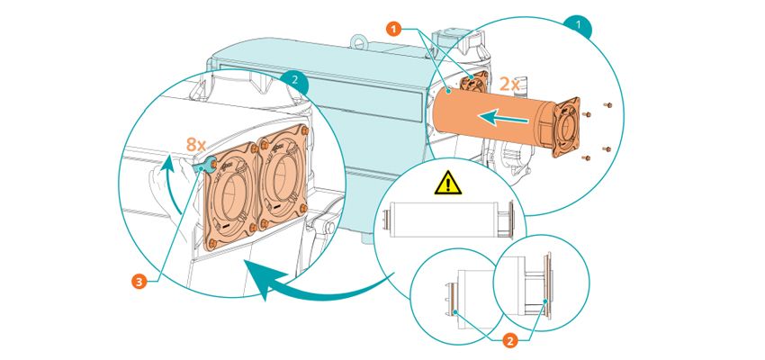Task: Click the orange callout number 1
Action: pyautogui.click(x=394, y=29)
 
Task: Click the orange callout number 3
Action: pyautogui.click(x=139, y=282)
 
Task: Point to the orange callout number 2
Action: pyautogui.click(x=509, y=341)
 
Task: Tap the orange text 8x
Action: pyautogui.click(x=197, y=144)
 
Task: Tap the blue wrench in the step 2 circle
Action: pyautogui.click(x=202, y=166)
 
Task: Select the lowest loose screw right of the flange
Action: pyautogui.click(x=587, y=158)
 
